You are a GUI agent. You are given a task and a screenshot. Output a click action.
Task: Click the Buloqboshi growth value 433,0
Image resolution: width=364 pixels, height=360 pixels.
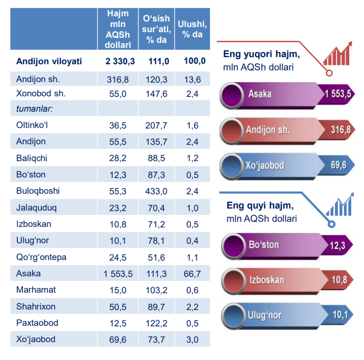156,191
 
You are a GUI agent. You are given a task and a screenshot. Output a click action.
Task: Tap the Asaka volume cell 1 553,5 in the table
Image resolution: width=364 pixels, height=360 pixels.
117,274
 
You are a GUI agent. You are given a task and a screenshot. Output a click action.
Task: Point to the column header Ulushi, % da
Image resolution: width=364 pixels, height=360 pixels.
192,29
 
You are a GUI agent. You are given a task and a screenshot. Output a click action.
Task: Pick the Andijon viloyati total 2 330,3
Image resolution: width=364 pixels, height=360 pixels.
120,61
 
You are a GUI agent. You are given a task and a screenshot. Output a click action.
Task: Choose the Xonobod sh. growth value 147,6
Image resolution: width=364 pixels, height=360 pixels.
156,94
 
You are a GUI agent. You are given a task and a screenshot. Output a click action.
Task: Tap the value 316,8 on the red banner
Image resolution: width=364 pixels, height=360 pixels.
340,130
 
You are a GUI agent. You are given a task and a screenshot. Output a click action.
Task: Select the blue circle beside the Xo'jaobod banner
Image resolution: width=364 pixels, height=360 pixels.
233,166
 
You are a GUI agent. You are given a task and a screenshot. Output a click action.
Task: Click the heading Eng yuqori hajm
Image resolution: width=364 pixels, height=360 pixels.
261,55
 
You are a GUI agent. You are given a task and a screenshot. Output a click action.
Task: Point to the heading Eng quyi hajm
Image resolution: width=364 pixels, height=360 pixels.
260,205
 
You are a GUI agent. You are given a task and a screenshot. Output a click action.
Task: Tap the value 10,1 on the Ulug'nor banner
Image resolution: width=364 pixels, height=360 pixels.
339,315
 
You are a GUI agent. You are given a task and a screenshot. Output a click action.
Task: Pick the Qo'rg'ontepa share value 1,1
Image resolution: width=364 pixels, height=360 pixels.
192,258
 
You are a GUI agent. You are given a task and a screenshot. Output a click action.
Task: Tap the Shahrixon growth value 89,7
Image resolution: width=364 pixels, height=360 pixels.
156,306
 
